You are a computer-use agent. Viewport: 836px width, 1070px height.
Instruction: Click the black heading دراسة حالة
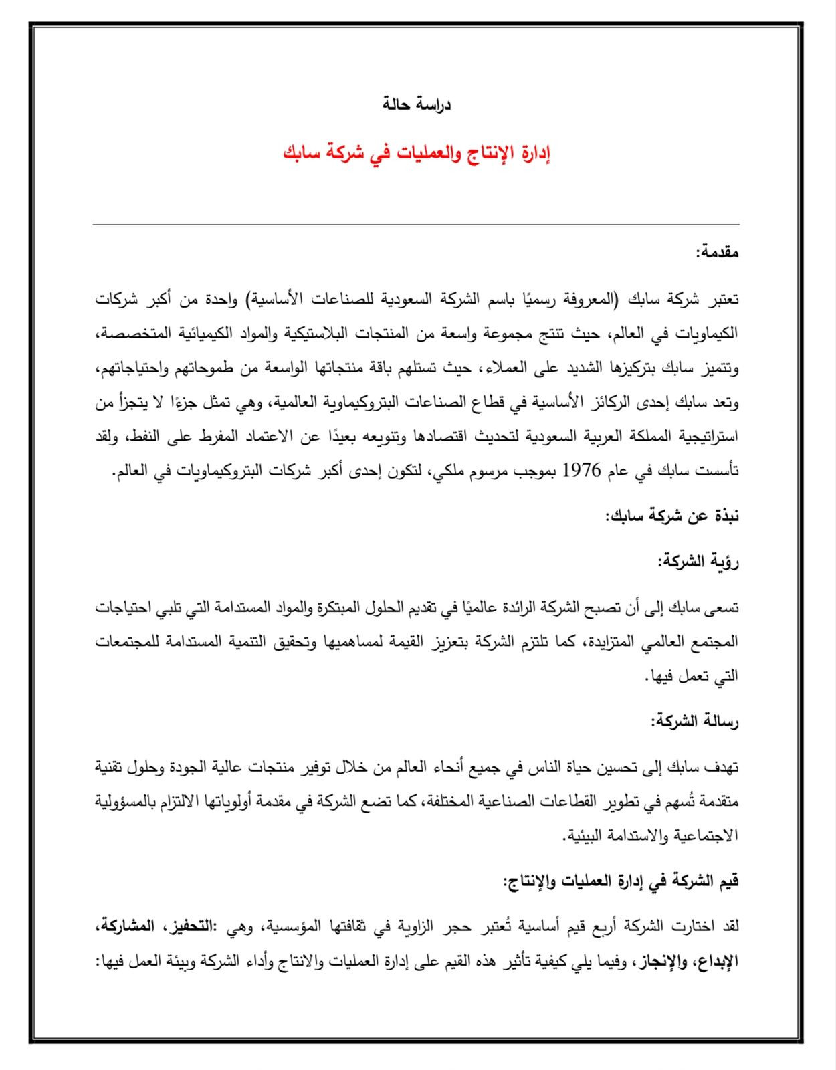pyautogui.click(x=417, y=105)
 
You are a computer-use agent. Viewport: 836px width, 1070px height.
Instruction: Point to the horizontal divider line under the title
pyautogui.click(x=416, y=225)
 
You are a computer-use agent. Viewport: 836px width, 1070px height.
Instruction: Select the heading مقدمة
pyautogui.click(x=717, y=253)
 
